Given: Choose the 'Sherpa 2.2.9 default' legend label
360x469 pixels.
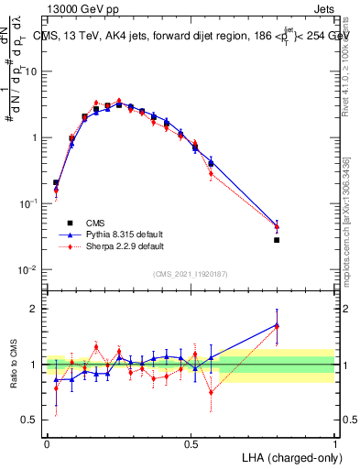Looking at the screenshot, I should point(125,246).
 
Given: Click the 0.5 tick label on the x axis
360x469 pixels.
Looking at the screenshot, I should point(191,443).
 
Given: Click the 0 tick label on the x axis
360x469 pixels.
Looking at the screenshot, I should point(47,443).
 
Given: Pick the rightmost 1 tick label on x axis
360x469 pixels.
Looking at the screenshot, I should point(335,443).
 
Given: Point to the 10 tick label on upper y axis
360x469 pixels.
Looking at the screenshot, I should point(31,71).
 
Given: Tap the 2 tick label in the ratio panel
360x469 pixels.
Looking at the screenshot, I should point(35,309).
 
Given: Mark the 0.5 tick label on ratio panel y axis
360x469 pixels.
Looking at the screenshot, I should point(31,420).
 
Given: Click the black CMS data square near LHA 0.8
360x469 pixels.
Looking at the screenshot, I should point(277,240).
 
